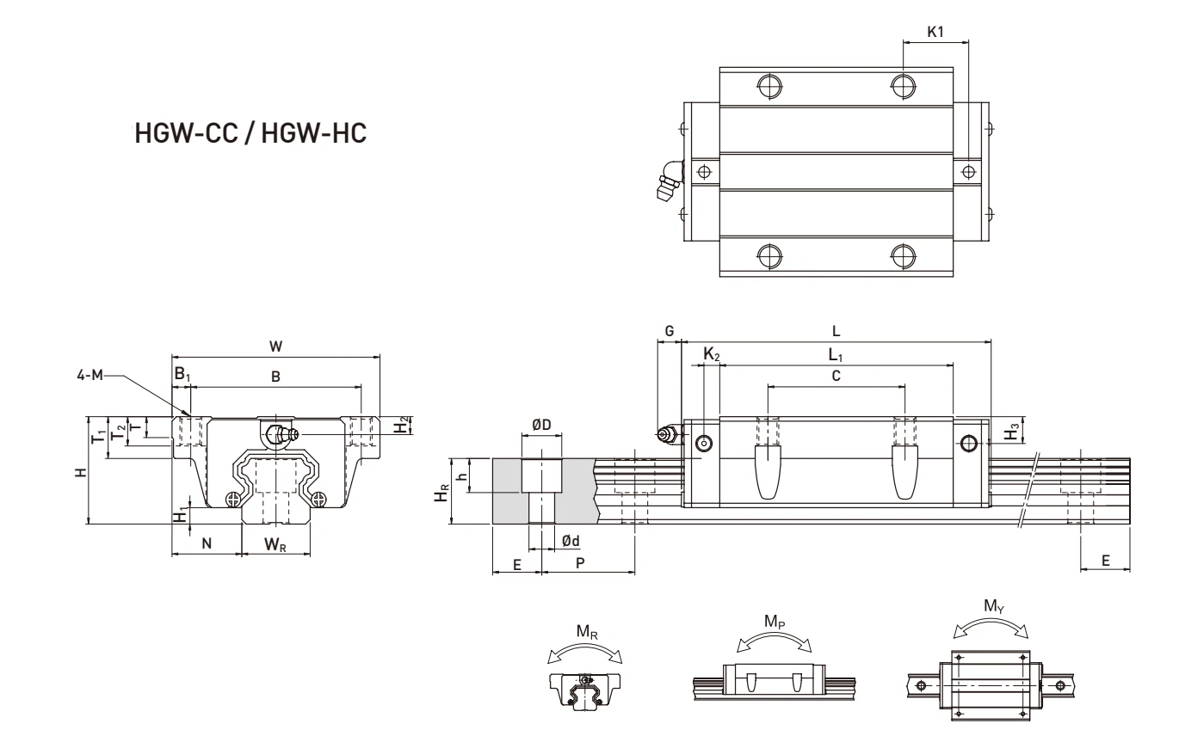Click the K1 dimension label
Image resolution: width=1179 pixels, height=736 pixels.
click(936, 32)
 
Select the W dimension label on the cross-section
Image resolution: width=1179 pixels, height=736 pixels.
click(275, 346)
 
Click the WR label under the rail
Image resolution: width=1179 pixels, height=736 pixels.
click(275, 543)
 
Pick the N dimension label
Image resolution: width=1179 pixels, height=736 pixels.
click(207, 543)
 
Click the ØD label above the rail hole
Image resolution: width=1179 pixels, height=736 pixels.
click(541, 425)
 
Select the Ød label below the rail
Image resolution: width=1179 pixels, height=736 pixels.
click(570, 540)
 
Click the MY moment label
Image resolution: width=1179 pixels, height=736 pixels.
click(992, 605)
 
